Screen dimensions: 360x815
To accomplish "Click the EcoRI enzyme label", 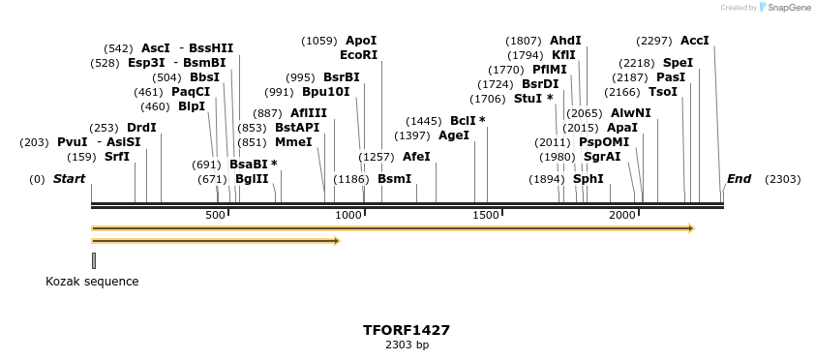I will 358,55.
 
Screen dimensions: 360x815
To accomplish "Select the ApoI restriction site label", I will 361,41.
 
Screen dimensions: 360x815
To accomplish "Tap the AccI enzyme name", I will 695,41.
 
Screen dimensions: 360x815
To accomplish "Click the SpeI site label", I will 678,62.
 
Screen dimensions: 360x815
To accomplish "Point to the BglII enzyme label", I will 252,179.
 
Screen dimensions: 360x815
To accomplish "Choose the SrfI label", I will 117,157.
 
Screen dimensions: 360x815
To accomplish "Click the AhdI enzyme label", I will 565,41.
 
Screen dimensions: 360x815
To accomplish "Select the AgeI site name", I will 453,135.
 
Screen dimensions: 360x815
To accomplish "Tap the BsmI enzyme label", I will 394,179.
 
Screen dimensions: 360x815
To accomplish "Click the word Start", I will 70,179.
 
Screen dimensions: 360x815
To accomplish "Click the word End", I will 739,179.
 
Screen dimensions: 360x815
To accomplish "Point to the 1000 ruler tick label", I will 348,215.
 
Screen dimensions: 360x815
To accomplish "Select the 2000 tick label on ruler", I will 623,215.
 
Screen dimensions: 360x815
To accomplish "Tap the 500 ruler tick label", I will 215,215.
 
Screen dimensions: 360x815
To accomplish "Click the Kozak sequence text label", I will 92,282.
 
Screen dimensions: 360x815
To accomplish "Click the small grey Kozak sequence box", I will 94,259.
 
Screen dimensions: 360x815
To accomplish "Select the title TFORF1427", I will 407,330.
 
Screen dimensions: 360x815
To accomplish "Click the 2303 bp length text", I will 407,345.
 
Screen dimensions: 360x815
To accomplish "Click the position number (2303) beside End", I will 782,179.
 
